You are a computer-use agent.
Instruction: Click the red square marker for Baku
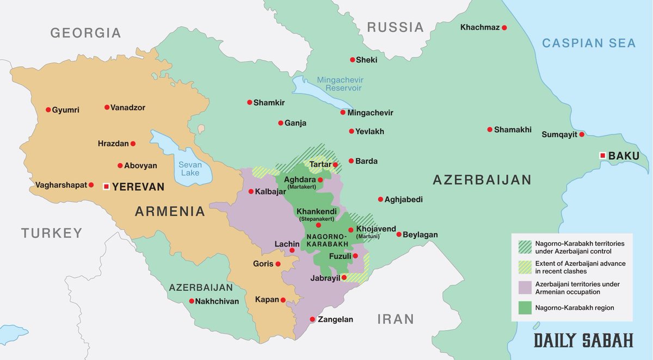[x=602, y=156]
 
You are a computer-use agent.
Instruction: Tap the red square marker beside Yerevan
[x=106, y=187]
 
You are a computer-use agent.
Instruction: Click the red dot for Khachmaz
[x=504, y=27]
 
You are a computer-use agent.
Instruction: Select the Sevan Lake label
[x=190, y=169]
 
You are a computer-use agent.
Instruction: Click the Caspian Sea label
[x=589, y=43]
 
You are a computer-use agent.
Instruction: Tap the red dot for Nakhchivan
[x=192, y=301]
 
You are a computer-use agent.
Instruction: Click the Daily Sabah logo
[x=583, y=340]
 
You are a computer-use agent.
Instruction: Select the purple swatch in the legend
[x=525, y=288]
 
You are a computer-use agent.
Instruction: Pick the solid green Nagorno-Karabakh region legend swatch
[x=525, y=308]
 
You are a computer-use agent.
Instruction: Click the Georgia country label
[x=85, y=33]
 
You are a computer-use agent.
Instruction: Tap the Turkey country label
[x=52, y=233]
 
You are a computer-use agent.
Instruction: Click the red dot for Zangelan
[x=312, y=319]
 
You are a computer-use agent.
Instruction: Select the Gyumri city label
[x=66, y=110]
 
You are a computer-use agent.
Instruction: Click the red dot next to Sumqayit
[x=582, y=134]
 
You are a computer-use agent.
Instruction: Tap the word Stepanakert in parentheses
[x=316, y=219]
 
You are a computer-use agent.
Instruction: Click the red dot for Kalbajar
[x=250, y=191]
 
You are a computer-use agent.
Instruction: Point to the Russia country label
[x=395, y=27]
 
